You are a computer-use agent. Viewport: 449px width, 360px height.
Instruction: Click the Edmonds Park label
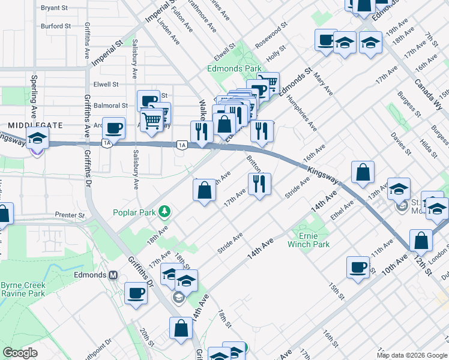234,69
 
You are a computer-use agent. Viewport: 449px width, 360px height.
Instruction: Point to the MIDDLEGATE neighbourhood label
35,125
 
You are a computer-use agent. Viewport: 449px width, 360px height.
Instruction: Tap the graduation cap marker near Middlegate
37,140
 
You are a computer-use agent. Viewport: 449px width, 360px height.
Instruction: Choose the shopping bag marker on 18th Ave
204,190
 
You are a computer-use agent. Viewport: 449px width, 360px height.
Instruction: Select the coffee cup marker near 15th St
358,267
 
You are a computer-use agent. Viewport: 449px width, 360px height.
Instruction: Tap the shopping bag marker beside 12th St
421,240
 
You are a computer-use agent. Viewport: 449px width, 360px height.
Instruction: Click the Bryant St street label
55,8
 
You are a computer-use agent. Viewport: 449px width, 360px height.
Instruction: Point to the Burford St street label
56,26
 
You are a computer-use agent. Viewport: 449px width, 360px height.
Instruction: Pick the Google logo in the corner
20,353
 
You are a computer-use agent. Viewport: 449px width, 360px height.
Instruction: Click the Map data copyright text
412,355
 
